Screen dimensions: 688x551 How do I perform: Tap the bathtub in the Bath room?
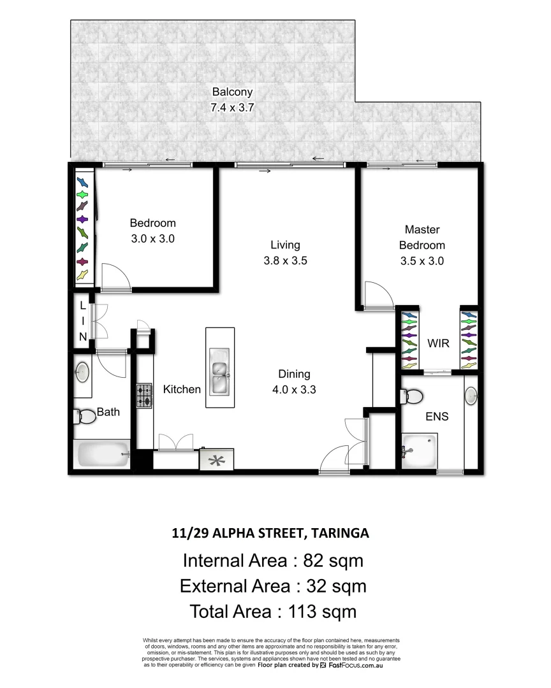[103, 454]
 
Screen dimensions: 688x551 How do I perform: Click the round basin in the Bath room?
[83, 373]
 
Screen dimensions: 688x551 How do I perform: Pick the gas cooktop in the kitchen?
[144, 396]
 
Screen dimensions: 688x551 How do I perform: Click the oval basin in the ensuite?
[471, 396]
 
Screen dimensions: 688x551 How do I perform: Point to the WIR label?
[438, 344]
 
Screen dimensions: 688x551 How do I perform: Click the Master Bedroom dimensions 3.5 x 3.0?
[422, 261]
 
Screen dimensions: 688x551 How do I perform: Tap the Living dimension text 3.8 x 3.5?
[285, 260]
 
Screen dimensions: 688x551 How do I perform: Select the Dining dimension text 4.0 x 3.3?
[293, 390]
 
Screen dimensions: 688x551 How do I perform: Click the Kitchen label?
[182, 389]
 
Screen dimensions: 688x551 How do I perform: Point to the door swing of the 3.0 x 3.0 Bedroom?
[115, 277]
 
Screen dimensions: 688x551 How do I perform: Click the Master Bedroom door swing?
[379, 295]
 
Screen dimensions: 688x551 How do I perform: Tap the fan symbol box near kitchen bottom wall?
[217, 459]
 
